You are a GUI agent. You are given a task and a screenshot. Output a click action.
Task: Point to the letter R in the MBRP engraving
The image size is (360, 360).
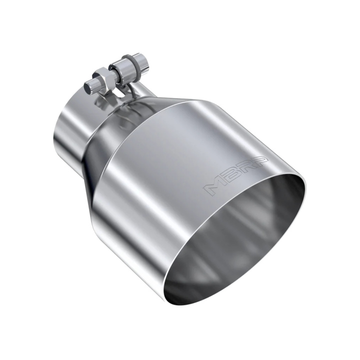(x=244, y=170)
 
